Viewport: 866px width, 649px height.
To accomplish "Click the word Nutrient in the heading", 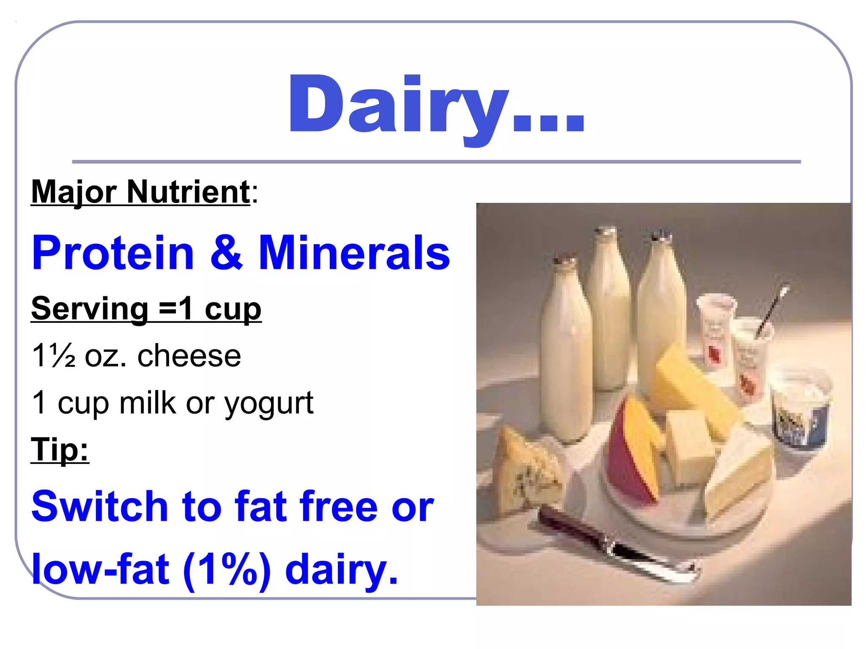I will pos(189,192).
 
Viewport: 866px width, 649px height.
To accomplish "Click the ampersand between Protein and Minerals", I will pos(227,253).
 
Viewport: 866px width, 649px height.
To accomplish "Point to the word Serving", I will pos(90,308).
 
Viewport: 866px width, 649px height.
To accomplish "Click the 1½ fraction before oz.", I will pos(54,356).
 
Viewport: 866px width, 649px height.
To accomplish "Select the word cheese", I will pos(189,356).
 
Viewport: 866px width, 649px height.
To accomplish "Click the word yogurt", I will pos(269,404).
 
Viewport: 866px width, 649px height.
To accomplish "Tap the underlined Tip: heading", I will pos(60,450).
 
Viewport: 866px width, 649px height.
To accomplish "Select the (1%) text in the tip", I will pos(227,570).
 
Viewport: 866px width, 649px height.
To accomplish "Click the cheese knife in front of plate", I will pos(617,545).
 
